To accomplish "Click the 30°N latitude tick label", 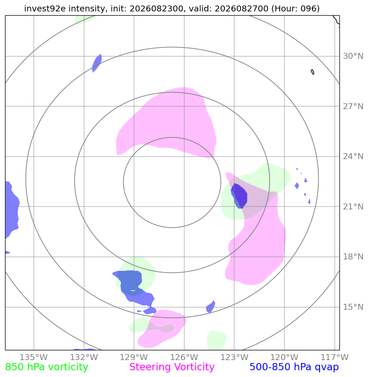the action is click(x=353, y=56).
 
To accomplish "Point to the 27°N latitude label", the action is click(x=353, y=106).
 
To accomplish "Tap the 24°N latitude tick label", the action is click(x=353, y=157).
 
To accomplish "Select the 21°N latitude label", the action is click(x=353, y=206).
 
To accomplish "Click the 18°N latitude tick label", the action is click(x=353, y=256).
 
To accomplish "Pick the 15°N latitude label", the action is click(x=353, y=307).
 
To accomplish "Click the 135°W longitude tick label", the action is click(x=34, y=357).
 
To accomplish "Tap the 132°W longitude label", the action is click(x=84, y=357).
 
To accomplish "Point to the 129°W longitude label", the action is click(x=134, y=357).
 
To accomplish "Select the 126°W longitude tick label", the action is click(x=184, y=357).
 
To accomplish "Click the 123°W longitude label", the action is click(x=234, y=357).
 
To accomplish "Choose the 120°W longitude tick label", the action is click(x=284, y=357).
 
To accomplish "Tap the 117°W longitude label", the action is click(x=334, y=357).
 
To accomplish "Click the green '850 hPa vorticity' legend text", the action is click(x=46, y=367).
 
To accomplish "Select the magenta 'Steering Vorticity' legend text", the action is click(x=172, y=367).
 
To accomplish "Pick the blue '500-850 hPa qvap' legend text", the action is click(x=294, y=367).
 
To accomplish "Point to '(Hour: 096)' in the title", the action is click(x=295, y=8).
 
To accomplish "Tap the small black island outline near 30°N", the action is click(x=312, y=72).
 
